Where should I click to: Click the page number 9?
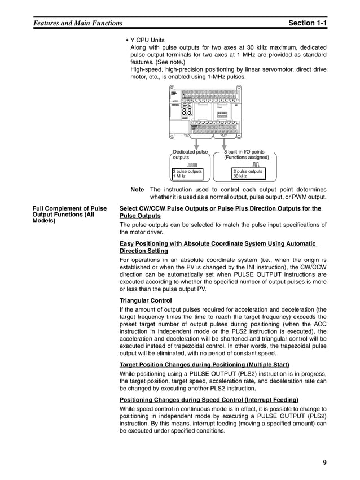coord(324,463)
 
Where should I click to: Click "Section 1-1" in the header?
coord(307,23)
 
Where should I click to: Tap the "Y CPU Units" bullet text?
coord(147,41)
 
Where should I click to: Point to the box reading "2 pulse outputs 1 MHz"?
coord(186,173)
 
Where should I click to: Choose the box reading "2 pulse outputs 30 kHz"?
coord(248,173)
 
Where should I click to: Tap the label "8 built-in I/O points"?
coord(244,152)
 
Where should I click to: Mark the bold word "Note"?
coord(137,190)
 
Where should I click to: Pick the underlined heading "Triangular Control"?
coord(146,300)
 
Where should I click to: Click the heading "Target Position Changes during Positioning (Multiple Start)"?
coord(204,364)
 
